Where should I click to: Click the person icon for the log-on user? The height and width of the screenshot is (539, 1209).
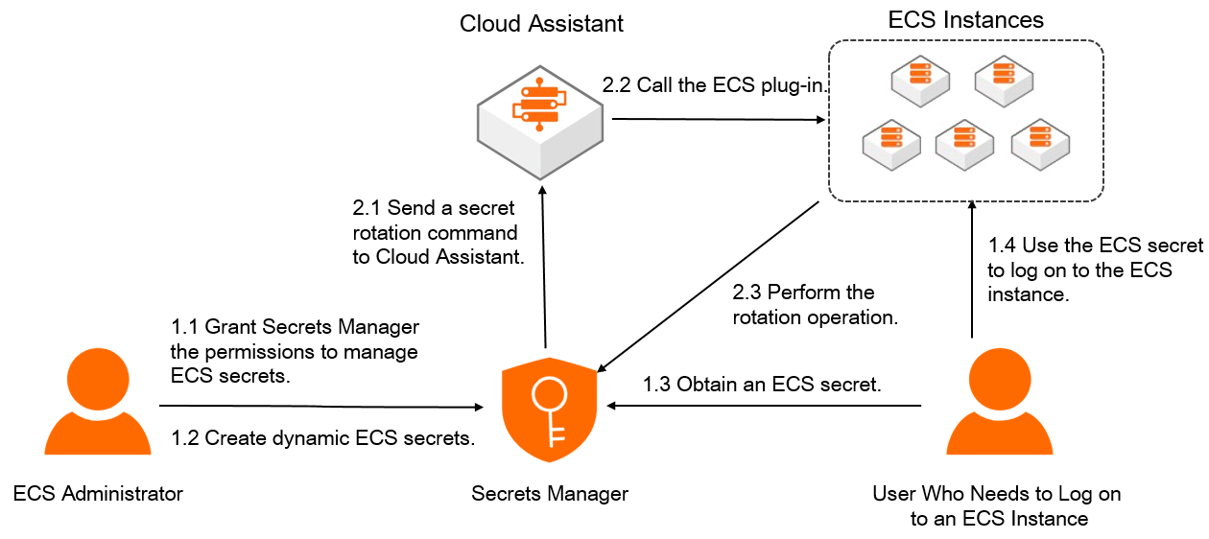(999, 404)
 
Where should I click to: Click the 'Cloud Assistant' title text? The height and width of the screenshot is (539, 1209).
(541, 23)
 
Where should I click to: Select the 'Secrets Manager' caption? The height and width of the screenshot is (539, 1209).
(550, 494)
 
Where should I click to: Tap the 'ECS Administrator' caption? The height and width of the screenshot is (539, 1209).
(98, 494)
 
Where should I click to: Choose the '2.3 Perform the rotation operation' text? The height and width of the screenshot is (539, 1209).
(816, 305)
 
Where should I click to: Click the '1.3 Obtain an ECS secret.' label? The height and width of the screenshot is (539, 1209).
(762, 385)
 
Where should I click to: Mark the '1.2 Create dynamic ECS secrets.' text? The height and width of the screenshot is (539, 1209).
(323, 439)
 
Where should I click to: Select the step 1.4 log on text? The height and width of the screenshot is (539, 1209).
(1094, 269)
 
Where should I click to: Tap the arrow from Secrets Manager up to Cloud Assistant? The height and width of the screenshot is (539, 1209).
(545, 269)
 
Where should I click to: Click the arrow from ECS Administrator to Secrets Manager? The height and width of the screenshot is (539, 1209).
(326, 406)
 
